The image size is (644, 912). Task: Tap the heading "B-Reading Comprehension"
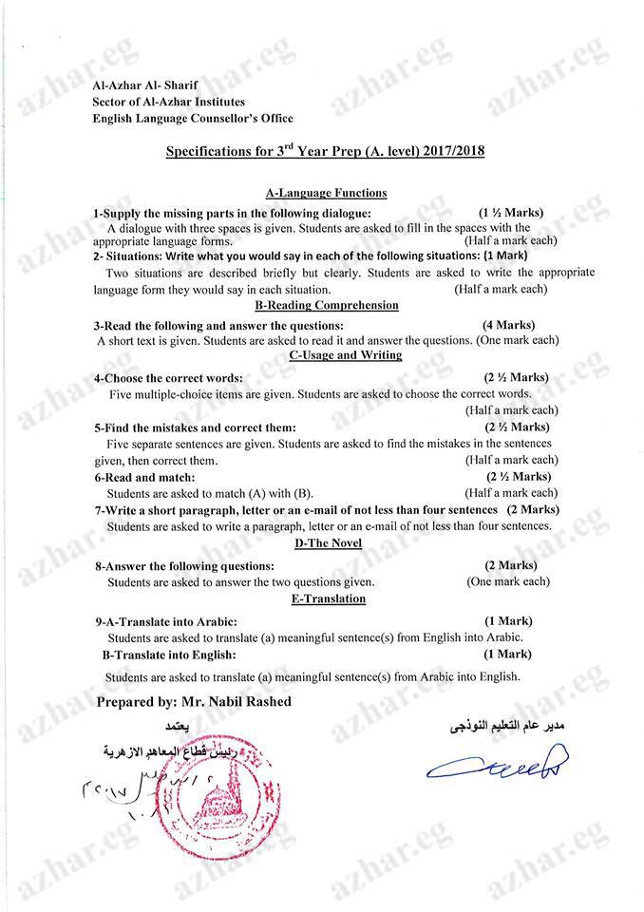pyautogui.click(x=327, y=306)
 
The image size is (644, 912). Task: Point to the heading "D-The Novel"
pyautogui.click(x=328, y=542)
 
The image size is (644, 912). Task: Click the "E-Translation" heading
pyautogui.click(x=329, y=598)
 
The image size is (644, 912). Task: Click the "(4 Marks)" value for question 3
pyautogui.click(x=508, y=325)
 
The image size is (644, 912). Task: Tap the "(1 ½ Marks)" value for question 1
pyautogui.click(x=511, y=213)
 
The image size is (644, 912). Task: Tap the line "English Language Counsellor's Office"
pyautogui.click(x=193, y=119)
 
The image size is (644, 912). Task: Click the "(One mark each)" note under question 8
pyautogui.click(x=507, y=581)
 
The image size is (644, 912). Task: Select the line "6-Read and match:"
pyautogui.click(x=144, y=477)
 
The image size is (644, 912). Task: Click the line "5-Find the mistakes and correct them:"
pyautogui.click(x=195, y=427)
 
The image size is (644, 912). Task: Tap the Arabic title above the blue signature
pyautogui.click(x=507, y=727)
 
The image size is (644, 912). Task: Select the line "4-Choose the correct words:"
pyautogui.click(x=168, y=378)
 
